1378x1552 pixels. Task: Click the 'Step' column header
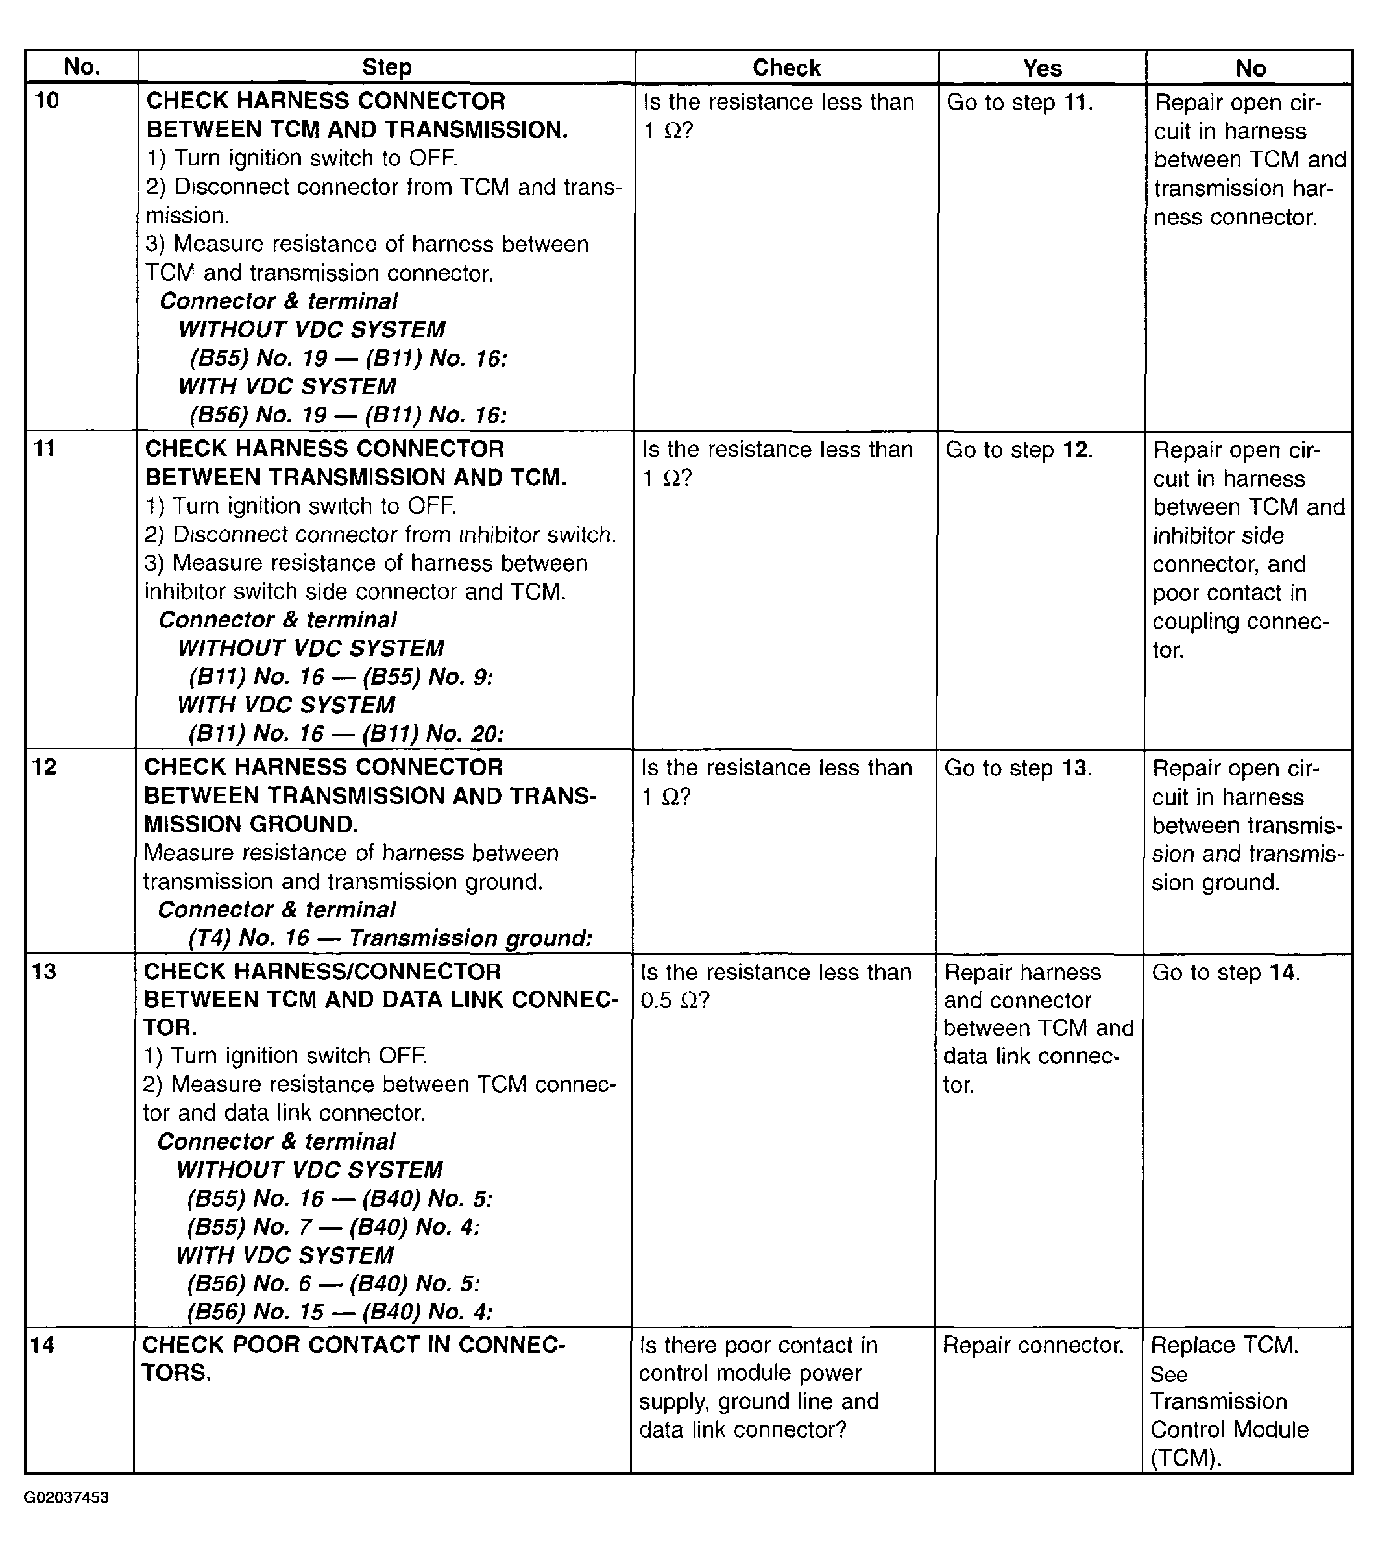(x=387, y=67)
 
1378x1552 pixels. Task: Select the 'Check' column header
(x=786, y=68)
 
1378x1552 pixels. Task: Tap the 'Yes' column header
(x=1042, y=68)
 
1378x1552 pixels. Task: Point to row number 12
(x=45, y=767)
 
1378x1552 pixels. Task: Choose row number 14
(x=43, y=1345)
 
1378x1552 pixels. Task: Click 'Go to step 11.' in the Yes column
(x=1019, y=103)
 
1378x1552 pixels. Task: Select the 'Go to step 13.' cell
(x=1017, y=768)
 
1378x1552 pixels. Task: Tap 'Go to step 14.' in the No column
(x=1226, y=973)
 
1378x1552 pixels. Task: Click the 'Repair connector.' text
(x=1033, y=1346)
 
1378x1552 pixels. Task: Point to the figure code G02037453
(x=67, y=1498)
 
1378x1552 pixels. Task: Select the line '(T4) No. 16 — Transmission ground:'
(x=389, y=938)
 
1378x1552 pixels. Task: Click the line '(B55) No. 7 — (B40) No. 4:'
(x=333, y=1227)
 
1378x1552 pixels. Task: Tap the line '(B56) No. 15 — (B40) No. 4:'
(x=339, y=1312)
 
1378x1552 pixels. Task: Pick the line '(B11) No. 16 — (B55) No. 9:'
(x=341, y=677)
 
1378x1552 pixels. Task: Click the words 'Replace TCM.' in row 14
(x=1224, y=1346)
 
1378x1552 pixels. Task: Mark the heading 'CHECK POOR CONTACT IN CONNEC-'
(x=353, y=1345)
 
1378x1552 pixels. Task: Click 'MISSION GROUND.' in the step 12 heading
(x=251, y=824)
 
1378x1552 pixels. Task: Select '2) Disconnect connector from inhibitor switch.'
(x=380, y=535)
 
